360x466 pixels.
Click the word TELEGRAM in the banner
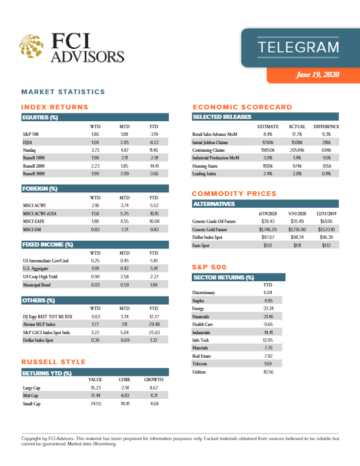point(298,47)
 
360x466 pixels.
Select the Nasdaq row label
point(28,151)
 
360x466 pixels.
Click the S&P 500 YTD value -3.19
point(154,134)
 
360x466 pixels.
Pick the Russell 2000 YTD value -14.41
point(154,167)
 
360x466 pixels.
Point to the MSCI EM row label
point(31,228)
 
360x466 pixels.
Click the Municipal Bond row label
point(35,285)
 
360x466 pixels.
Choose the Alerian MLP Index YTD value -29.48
point(154,324)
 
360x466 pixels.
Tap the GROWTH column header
point(154,380)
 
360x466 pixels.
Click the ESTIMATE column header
point(268,127)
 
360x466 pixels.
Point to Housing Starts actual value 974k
point(297,167)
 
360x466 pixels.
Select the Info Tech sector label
point(202,340)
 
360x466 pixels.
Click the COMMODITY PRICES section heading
point(234,194)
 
